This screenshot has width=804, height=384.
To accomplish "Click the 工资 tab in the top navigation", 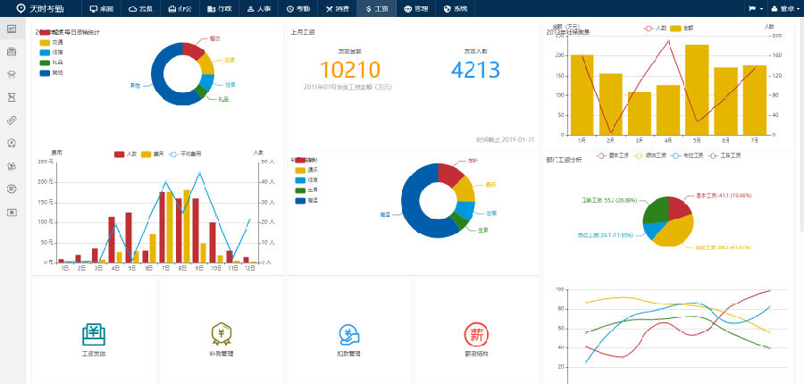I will pyautogui.click(x=377, y=8).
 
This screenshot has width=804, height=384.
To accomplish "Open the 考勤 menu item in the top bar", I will pyautogui.click(x=299, y=8).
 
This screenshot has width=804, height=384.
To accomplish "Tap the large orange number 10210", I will pyautogui.click(x=349, y=70).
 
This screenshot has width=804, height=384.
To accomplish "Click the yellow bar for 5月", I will pyautogui.click(x=697, y=89).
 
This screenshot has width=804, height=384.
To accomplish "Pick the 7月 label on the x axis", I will pyautogui.click(x=755, y=140).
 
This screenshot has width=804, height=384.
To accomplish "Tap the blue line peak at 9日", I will pyautogui.click(x=199, y=174).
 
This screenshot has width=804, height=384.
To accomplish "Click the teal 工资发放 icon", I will pyautogui.click(x=94, y=334).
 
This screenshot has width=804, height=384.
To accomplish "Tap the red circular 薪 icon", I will pyautogui.click(x=476, y=334).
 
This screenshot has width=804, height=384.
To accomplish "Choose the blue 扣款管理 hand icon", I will pyautogui.click(x=349, y=334).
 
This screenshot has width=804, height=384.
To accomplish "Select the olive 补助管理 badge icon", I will pyautogui.click(x=222, y=334).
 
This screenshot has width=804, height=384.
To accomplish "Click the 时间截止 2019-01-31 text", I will pyautogui.click(x=505, y=139).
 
